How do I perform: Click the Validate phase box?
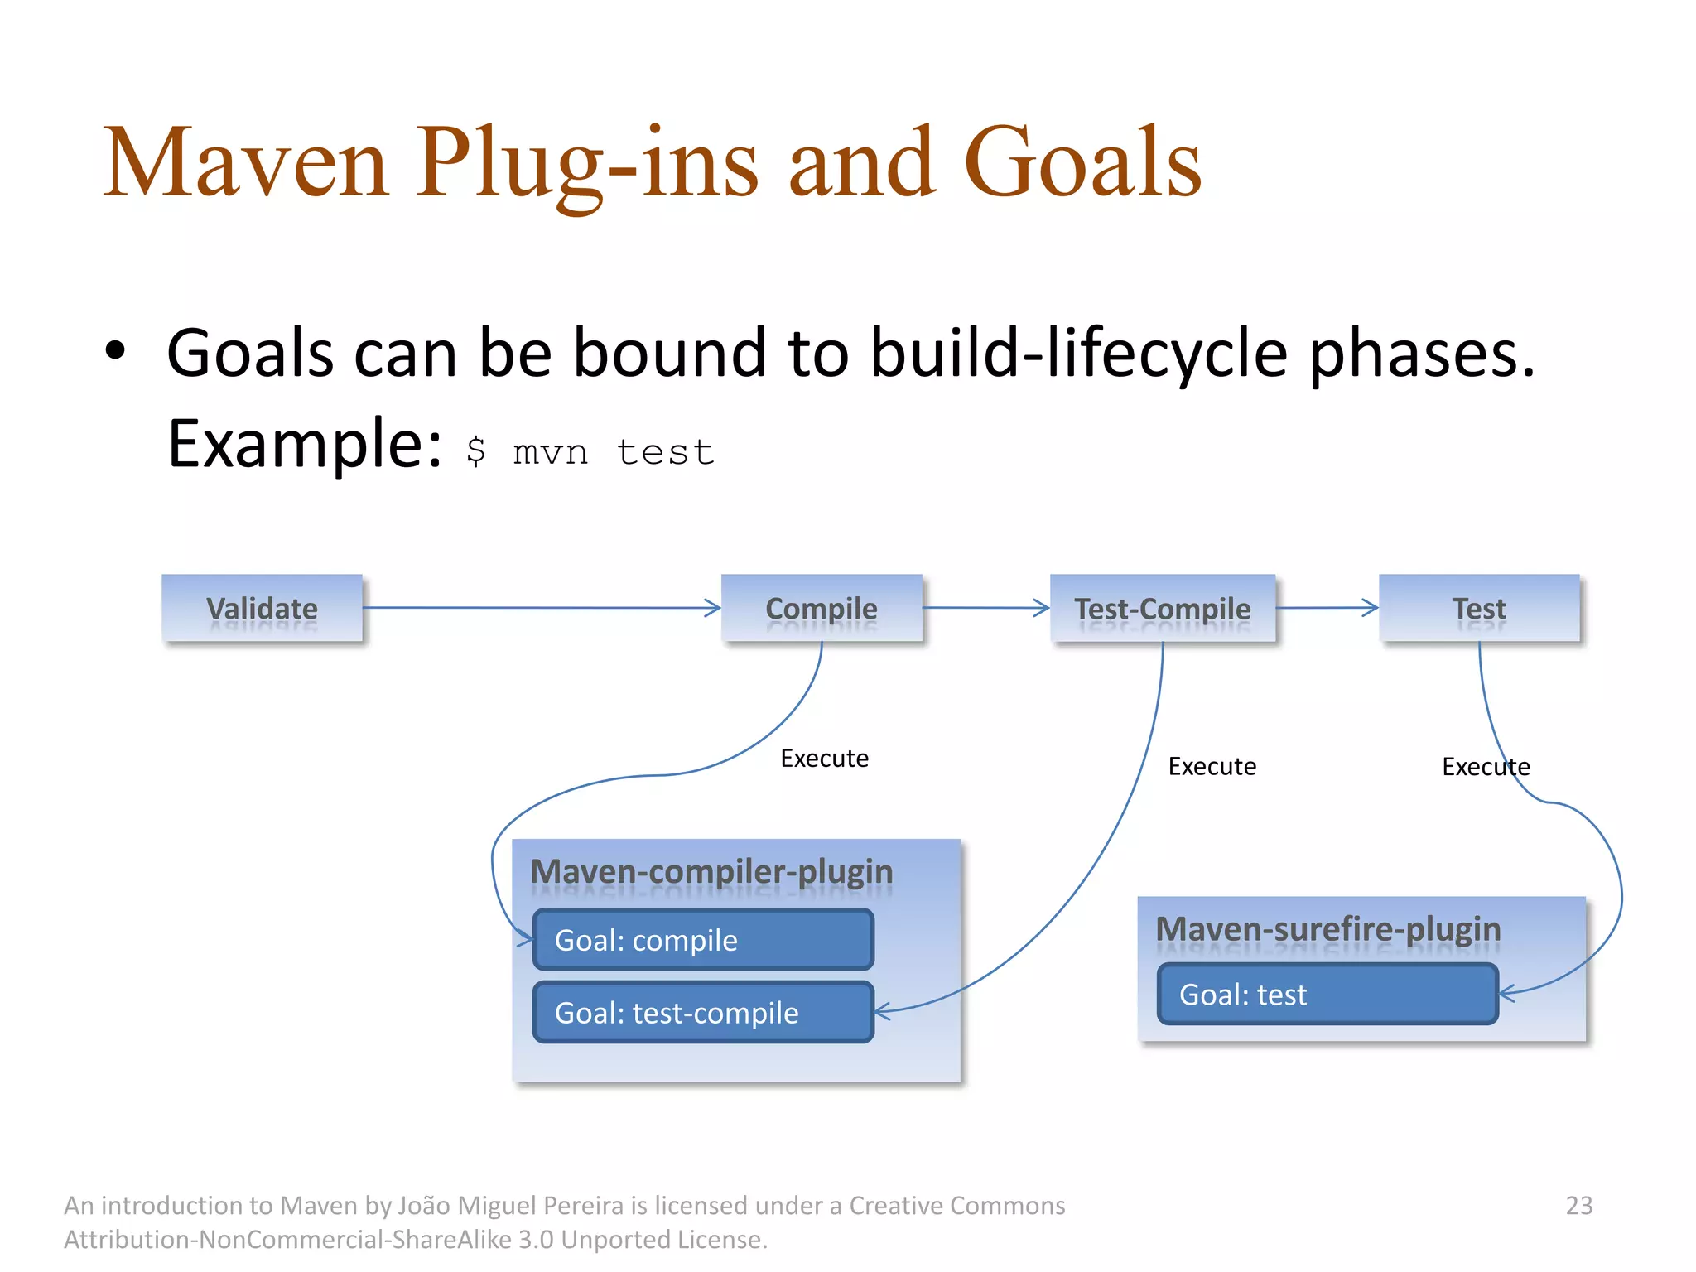pos(262,608)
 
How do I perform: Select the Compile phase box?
pos(821,608)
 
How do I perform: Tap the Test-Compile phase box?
pos(1163,608)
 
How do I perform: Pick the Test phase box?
pos(1479,608)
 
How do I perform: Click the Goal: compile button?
pos(703,940)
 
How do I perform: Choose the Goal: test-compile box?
pos(703,1012)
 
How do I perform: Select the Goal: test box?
pos(1327,994)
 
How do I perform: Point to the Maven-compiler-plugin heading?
pos(711,871)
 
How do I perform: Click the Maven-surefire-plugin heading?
pos(1327,928)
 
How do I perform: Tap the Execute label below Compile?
pos(824,758)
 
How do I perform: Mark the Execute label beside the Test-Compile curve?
pos(1212,766)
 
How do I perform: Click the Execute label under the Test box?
pos(1486,766)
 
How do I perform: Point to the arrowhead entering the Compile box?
pos(713,608)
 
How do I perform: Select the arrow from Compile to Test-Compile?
pos(985,608)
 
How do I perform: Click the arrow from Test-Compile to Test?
pos(1327,608)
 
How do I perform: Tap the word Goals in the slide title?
pos(1082,162)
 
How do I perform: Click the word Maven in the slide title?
pos(245,162)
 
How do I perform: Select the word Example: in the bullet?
pos(304,444)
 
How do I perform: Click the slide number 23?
pos(1578,1205)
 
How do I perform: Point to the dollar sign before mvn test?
pos(475,451)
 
